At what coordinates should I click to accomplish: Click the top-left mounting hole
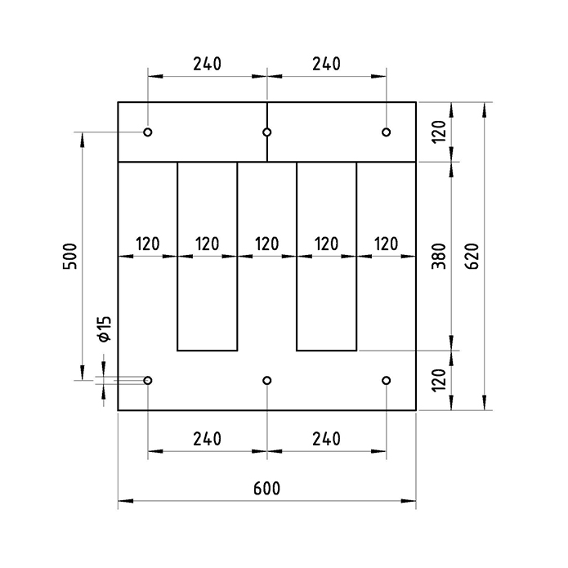pyautogui.click(x=148, y=132)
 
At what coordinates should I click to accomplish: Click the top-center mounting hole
pyautogui.click(x=267, y=132)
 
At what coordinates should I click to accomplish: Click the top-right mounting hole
pyautogui.click(x=387, y=132)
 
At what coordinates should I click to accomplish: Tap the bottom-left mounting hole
pyautogui.click(x=148, y=381)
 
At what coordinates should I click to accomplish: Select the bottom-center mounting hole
pyautogui.click(x=267, y=381)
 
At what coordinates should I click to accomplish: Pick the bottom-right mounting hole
pyautogui.click(x=387, y=381)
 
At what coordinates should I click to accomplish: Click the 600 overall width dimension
pyautogui.click(x=266, y=489)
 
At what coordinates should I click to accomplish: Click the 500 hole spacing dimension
pyautogui.click(x=69, y=256)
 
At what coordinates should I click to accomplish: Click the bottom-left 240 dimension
pyautogui.click(x=207, y=439)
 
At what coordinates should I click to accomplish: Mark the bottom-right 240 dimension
pyautogui.click(x=326, y=439)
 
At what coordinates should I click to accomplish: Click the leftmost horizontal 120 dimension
pyautogui.click(x=147, y=244)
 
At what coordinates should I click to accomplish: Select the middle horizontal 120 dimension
pyautogui.click(x=266, y=244)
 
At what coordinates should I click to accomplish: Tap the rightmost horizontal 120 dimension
pyautogui.click(x=386, y=244)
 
